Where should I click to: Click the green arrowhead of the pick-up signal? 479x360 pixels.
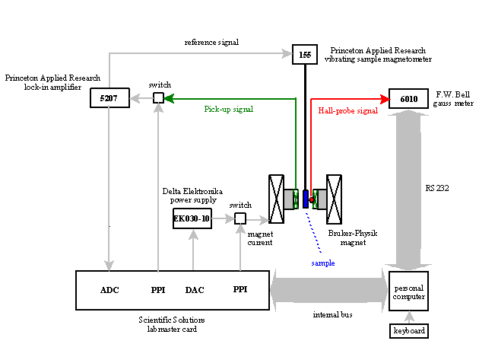click(168, 98)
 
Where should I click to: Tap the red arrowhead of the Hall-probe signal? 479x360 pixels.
click(385, 99)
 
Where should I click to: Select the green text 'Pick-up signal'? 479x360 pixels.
click(228, 110)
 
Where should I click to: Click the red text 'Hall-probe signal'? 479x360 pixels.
click(347, 111)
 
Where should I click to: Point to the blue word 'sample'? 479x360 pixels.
click(322, 263)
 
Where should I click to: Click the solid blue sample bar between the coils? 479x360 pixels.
click(305, 199)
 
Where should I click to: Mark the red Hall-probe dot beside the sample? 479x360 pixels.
click(312, 200)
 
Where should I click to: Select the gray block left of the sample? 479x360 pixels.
click(288, 199)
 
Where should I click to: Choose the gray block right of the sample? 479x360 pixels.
click(322, 199)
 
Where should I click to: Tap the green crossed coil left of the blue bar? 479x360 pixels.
click(296, 199)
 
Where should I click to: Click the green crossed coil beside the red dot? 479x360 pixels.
click(315, 199)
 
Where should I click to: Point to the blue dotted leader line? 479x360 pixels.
click(313, 232)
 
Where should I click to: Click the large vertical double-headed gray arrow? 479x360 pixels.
click(408, 190)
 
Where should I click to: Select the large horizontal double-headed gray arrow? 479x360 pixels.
click(328, 289)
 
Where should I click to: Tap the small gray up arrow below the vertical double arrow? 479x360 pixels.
click(409, 317)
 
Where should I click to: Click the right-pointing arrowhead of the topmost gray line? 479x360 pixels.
click(287, 53)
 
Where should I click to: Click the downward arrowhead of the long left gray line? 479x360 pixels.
click(109, 266)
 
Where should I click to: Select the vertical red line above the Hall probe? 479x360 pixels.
click(311, 145)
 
